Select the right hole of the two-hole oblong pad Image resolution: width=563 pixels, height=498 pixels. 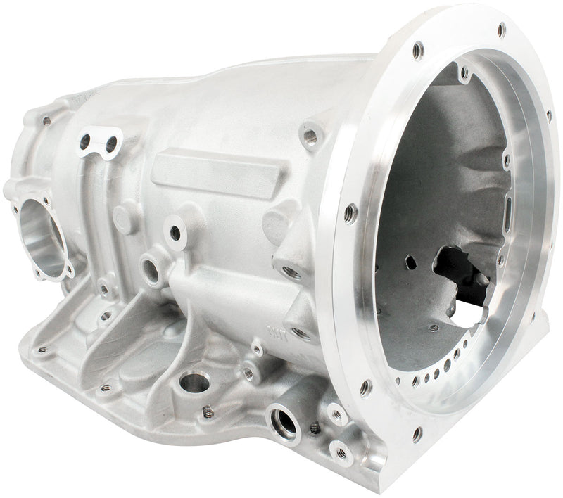point(111,144)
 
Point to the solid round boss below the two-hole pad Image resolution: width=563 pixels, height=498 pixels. point(124,219)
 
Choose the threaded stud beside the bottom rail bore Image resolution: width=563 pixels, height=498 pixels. point(208,411)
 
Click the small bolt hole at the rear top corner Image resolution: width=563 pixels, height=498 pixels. point(47,120)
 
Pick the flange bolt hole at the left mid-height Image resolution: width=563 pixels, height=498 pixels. point(349,210)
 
